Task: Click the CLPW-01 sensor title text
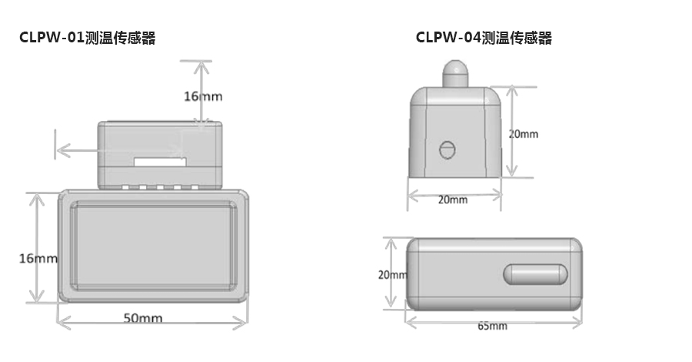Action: click(88, 38)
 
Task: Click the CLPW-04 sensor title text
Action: click(484, 38)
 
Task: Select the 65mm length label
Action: click(492, 326)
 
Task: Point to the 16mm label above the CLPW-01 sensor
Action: click(203, 96)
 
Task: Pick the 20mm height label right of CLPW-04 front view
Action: click(524, 134)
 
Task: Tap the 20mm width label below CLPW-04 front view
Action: click(452, 200)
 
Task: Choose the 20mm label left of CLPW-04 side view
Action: click(392, 274)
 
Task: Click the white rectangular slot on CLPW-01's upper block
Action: click(160, 163)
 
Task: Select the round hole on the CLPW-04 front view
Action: click(446, 149)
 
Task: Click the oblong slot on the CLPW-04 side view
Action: click(535, 273)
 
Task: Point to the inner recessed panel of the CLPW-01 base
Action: click(154, 246)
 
